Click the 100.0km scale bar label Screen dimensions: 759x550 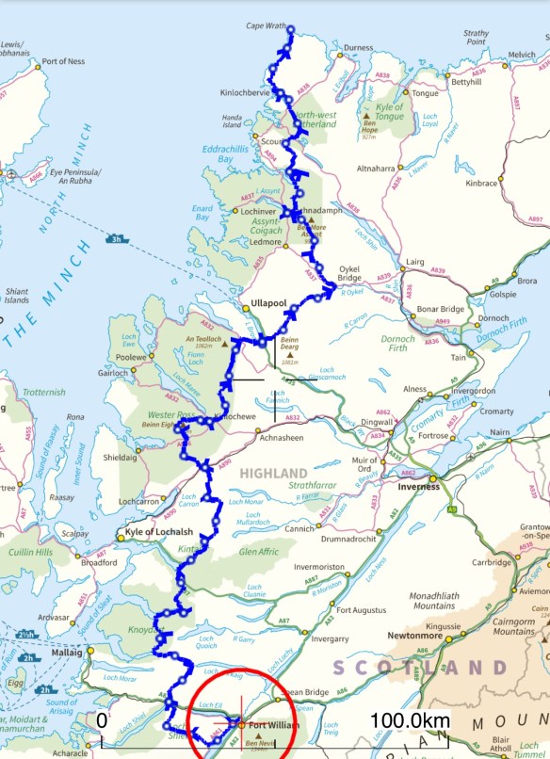click(410, 720)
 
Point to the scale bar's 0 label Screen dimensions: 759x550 click(101, 720)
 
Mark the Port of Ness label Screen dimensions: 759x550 click(63, 61)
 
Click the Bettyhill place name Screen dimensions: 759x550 click(465, 83)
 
